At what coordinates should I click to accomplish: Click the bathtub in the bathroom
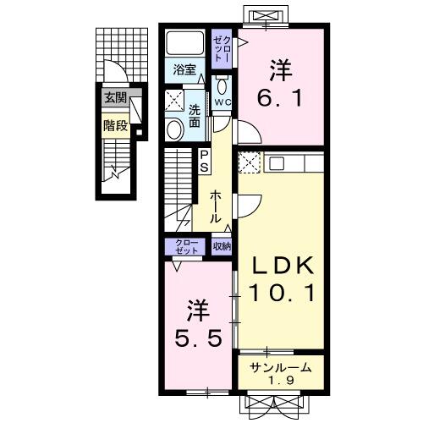184,44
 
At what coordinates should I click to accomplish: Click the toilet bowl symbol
222,86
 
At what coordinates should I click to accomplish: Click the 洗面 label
195,115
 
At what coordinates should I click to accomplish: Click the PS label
205,161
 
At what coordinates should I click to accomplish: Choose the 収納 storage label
222,246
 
